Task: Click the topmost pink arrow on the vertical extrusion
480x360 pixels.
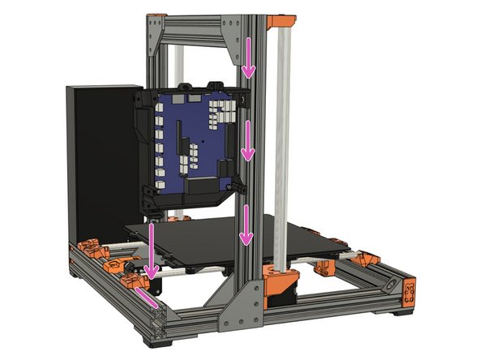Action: coord(249,58)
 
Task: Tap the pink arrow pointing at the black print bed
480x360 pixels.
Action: coord(246,224)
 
